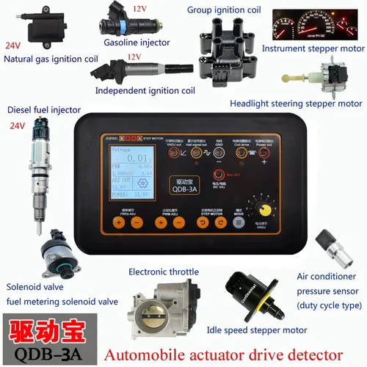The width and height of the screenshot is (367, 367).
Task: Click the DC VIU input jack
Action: (216, 175)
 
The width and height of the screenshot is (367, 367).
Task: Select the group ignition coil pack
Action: (222, 45)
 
